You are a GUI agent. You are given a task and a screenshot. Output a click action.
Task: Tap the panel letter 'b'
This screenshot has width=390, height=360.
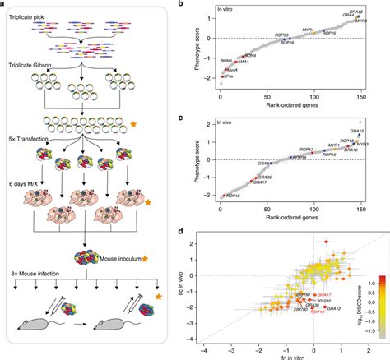202,6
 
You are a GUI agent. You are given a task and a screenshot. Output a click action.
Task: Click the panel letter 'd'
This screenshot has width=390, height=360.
202,233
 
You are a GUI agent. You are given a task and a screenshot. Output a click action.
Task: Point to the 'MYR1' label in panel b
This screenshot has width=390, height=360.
309,29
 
